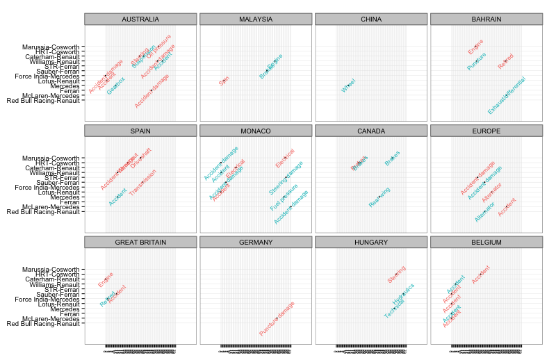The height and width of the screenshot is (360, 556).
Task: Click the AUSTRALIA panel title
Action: click(140, 19)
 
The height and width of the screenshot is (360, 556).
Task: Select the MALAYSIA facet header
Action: click(255, 19)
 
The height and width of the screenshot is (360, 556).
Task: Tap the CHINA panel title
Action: click(370, 19)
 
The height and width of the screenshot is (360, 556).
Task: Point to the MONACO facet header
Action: click(255, 131)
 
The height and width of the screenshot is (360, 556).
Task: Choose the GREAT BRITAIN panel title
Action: click(140, 242)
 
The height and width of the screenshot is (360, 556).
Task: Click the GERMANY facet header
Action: click(255, 242)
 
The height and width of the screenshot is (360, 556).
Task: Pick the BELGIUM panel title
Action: click(486, 242)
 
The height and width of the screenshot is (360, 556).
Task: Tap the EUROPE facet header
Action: click(486, 131)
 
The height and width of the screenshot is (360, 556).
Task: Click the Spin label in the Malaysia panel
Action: click(224, 81)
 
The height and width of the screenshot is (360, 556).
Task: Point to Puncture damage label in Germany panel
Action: click(277, 318)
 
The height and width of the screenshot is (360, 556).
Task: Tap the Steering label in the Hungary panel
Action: click(397, 275)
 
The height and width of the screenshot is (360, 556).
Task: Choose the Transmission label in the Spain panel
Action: click(142, 182)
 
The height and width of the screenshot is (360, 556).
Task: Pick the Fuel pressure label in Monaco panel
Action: click(284, 197)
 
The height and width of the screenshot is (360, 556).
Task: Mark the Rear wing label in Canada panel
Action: click(379, 197)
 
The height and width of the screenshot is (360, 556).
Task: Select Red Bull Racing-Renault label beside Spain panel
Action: click(43, 211)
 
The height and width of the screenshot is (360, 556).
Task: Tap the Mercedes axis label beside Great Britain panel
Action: click(65, 309)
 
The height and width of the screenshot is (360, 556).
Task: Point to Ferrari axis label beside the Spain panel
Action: click(69, 202)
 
